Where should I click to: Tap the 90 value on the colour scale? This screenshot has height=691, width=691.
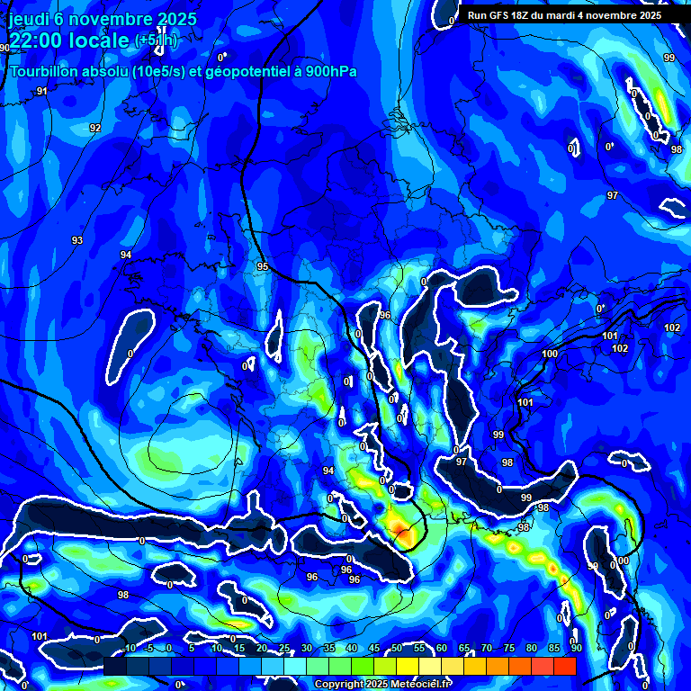[x=575, y=648]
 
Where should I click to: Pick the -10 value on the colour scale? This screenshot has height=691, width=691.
[x=129, y=648]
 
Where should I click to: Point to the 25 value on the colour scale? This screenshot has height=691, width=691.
[x=284, y=648]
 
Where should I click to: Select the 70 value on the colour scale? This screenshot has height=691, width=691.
[x=487, y=648]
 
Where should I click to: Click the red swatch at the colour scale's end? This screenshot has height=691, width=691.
[x=564, y=666]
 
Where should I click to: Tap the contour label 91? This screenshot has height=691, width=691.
[x=41, y=92]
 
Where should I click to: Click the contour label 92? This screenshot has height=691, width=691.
[x=95, y=128]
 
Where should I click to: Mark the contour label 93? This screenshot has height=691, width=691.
[x=77, y=240]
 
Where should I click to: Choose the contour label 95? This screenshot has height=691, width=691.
[x=262, y=266]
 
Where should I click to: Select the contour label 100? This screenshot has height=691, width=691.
[x=550, y=354]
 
